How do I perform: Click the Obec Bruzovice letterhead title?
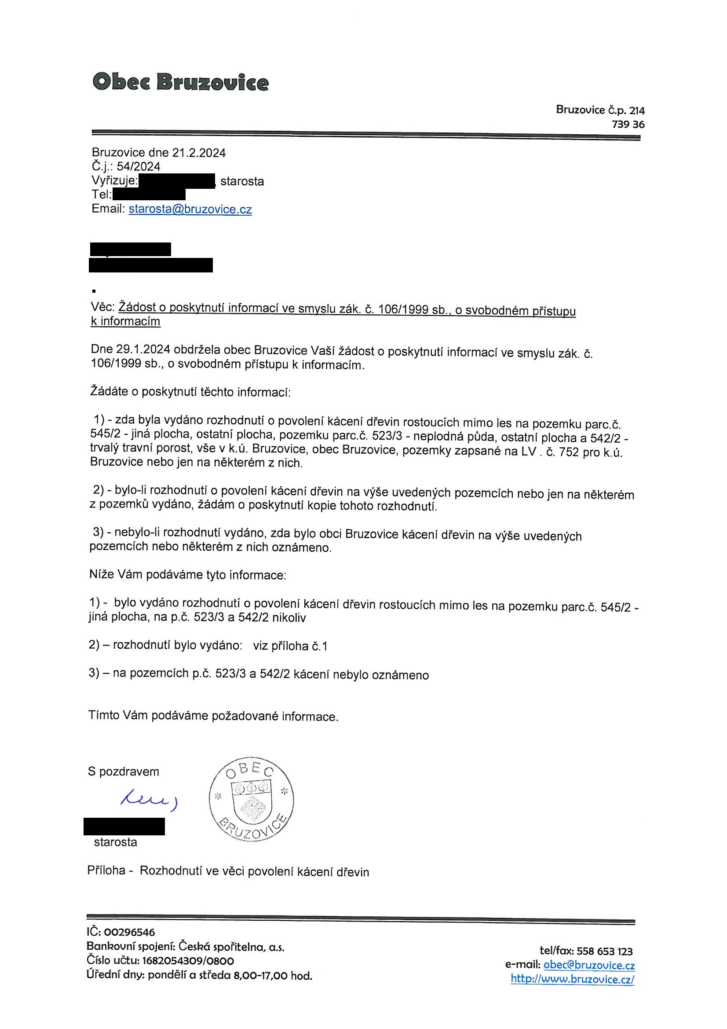coord(180,82)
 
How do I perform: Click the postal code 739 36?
coord(628,125)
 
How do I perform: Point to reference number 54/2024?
coord(139,167)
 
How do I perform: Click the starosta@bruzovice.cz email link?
coord(190,209)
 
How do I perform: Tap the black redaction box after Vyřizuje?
coord(177,181)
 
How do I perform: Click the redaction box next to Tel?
coord(149,195)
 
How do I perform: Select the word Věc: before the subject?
coord(103,308)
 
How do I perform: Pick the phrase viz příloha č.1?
coord(290,646)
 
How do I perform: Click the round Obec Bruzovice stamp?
coord(251,801)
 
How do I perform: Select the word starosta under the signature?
coord(116,842)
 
